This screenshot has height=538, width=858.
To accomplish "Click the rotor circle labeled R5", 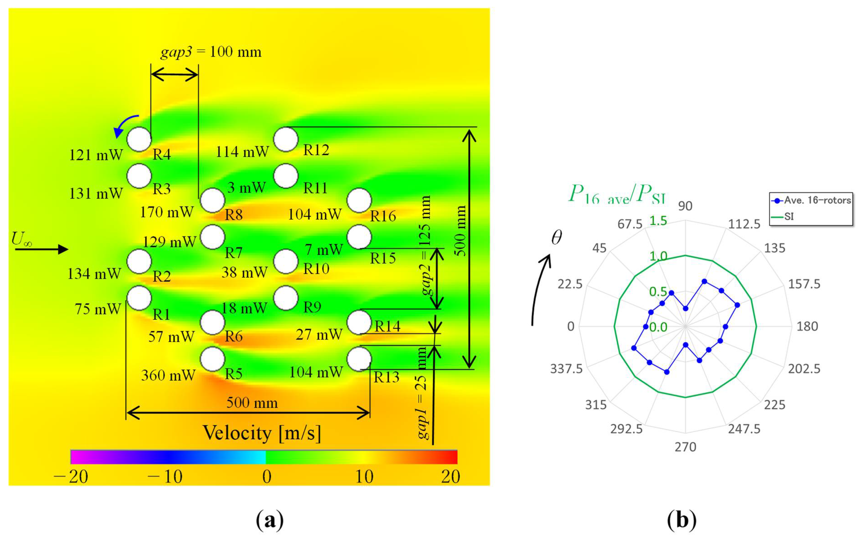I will pos(212,359).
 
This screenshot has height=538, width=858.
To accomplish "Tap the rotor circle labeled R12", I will pos(286,140).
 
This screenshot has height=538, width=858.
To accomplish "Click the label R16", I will pos(383,216).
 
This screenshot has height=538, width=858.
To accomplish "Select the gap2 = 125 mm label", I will pos(426,246).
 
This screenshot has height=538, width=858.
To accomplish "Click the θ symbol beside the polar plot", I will pos(556,237).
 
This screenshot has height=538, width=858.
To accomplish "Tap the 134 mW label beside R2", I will pos(94,274).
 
